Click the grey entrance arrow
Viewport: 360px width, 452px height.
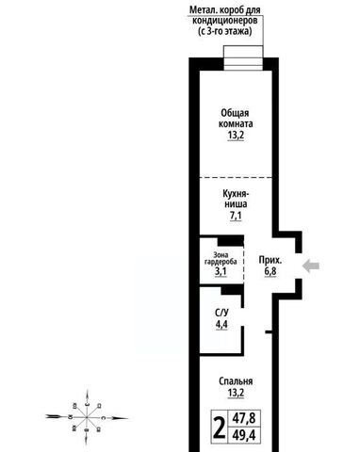[x=311, y=266]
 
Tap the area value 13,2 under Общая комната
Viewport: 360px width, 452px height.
[x=236, y=136]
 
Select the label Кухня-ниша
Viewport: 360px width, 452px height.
[x=236, y=199]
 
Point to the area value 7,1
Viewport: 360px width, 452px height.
[x=236, y=216]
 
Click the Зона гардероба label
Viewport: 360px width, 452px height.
[x=221, y=258]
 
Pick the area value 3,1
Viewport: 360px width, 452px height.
[x=221, y=271]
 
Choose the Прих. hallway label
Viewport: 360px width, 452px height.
[x=270, y=260]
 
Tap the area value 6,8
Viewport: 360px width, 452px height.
[x=270, y=271]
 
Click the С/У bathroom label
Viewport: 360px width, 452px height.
[x=221, y=313]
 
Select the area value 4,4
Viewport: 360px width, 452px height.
[x=221, y=324]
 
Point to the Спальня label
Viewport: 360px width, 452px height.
[x=236, y=381]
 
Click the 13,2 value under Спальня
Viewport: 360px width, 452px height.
[x=236, y=393]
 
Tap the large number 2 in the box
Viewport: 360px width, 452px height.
[x=220, y=428]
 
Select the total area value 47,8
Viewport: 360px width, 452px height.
[x=244, y=418]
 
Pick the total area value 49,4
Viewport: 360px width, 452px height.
[x=244, y=435]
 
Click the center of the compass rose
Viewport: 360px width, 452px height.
[x=87, y=417]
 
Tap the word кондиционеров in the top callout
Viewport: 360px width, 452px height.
[x=225, y=21]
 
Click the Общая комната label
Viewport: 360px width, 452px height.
[x=236, y=119]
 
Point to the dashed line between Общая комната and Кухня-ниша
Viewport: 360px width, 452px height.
[x=236, y=178]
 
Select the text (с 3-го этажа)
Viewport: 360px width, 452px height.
[x=225, y=31]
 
